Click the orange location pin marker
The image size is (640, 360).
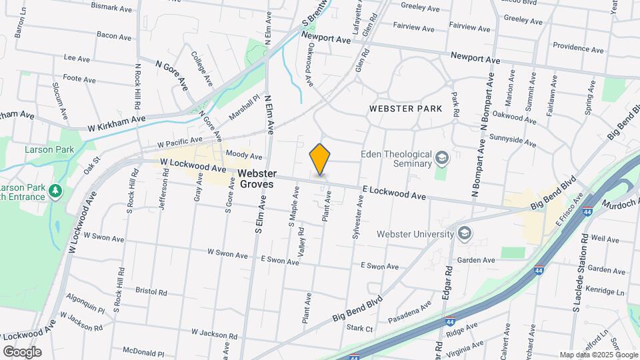(x=320, y=159)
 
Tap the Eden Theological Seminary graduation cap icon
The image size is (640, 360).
(x=441, y=159)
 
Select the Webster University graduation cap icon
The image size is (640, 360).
(x=465, y=233)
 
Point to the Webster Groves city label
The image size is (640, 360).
(x=257, y=179)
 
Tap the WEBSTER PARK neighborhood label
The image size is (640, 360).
(x=401, y=108)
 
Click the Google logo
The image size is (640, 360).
(x=22, y=351)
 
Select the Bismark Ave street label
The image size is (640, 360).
(x=111, y=8)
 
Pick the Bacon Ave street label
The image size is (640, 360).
(x=114, y=35)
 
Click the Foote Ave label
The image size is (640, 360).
(x=80, y=79)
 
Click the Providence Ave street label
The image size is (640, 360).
(x=578, y=49)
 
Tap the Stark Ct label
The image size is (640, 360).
(x=360, y=327)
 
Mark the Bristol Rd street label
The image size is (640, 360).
(x=151, y=291)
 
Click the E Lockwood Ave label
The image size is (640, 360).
(x=394, y=193)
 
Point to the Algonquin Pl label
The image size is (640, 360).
(x=86, y=310)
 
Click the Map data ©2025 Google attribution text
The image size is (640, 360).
(x=597, y=355)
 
